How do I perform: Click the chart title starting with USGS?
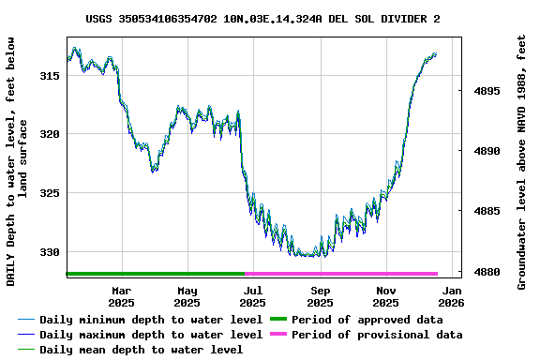coord(262,18)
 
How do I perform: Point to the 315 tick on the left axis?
coord(50,75)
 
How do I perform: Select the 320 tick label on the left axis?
coord(50,134)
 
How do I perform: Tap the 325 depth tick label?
coord(50,193)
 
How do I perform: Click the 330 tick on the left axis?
coord(50,252)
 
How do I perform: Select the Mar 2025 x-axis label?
coord(121,296)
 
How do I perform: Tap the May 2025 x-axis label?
coord(187,296)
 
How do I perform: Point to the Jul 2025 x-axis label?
coord(253,296)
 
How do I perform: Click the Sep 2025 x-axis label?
coord(320,296)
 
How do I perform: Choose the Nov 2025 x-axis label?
coord(386,296)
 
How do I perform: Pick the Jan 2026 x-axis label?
coord(452,296)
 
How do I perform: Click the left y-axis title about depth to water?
coord(16,161)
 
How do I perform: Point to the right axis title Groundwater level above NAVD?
coord(522,161)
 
